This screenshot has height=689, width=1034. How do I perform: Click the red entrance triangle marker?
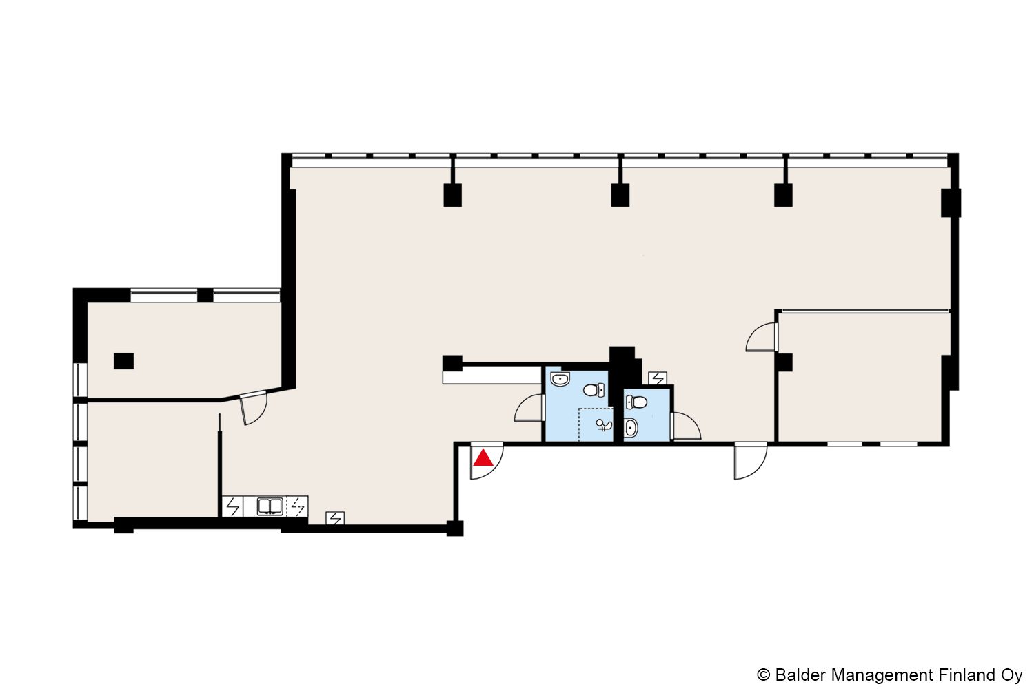[483, 458]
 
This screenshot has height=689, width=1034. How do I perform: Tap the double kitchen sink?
[270, 506]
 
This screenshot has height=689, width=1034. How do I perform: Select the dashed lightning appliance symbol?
[298, 506]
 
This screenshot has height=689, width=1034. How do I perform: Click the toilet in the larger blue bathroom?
[594, 390]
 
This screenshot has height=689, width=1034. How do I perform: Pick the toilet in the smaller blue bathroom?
[636, 402]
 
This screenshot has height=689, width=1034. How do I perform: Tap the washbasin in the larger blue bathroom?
[560, 379]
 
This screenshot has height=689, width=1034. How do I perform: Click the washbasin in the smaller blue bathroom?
[631, 428]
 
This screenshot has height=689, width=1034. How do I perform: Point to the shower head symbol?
[603, 424]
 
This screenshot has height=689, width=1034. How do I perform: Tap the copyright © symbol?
[764, 675]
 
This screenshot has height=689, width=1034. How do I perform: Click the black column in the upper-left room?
[123, 361]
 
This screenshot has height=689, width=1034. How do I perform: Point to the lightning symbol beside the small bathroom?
[658, 378]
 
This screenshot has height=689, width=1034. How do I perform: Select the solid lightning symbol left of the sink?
[233, 506]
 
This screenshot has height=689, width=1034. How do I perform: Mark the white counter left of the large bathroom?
[491, 376]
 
